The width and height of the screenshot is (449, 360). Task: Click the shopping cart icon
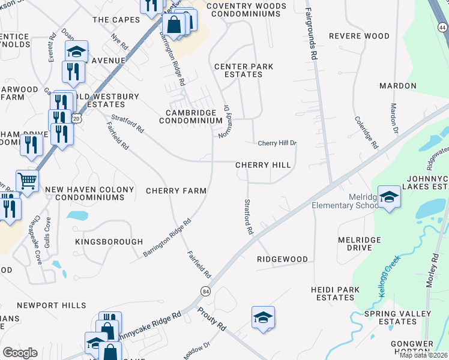pos(27,180)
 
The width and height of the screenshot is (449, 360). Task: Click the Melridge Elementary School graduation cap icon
pos(390,199)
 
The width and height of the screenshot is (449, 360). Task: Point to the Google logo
pos(20,353)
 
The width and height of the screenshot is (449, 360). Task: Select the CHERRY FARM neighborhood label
pos(176,191)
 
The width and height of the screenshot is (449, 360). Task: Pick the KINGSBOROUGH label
pos(109,242)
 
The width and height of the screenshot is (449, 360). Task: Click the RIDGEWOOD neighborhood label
pos(282,259)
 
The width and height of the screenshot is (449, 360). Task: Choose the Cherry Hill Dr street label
pos(277,143)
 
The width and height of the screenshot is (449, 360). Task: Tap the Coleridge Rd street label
pos(366,133)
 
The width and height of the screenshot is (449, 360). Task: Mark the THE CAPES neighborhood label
pos(116,20)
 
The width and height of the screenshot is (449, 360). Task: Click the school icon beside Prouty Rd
pos(263,317)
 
